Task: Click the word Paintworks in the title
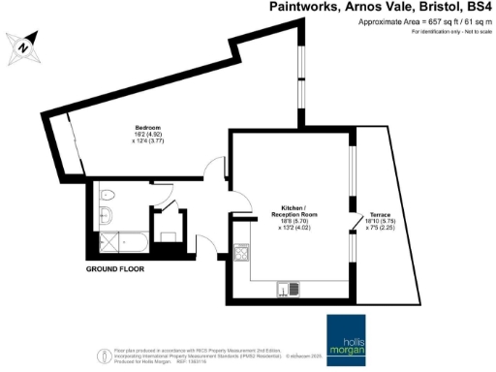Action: [303, 7]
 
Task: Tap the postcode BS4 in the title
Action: [476, 7]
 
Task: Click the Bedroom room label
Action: [148, 128]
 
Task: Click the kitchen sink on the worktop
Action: [288, 287]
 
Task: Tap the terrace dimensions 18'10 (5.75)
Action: [372, 223]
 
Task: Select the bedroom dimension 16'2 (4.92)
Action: [148, 137]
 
